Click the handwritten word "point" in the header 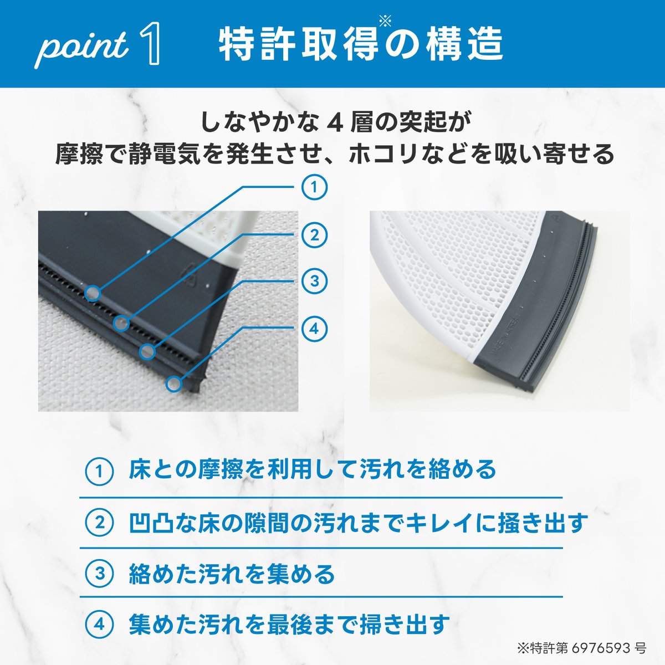pos(81,48)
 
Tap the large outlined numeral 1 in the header pos(150,43)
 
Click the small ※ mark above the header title pos(385,22)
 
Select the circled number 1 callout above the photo pos(314,187)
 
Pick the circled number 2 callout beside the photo pos(314,235)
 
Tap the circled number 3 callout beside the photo pos(314,281)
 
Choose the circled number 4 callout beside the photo pos(314,329)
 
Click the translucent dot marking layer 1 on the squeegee pos(93,294)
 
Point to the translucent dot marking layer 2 pos(121,323)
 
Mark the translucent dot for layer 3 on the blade pos(147,352)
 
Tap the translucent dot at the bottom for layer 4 pos(174,383)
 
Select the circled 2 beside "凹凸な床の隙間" pos(99,523)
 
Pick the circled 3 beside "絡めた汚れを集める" pos(99,574)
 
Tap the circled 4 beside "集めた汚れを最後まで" pos(99,625)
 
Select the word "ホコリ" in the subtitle pos(384,154)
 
